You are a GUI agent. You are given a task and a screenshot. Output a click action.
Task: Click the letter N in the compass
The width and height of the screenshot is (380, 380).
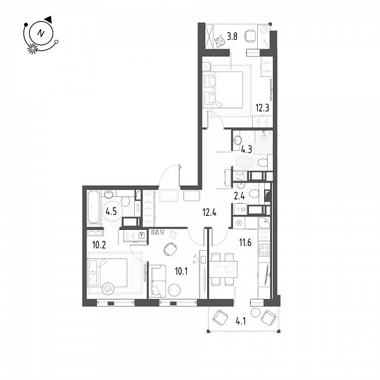coord(41,33)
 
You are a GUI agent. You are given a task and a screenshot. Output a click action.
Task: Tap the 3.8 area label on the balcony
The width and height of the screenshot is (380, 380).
coord(232,37)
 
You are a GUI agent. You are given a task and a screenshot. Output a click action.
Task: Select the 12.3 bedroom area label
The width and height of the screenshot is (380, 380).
coord(262,108)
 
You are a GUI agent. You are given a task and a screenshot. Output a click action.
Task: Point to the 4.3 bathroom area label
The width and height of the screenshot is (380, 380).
coord(246,149)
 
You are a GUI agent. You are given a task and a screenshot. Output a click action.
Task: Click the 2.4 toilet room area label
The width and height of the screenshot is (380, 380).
coord(239,196)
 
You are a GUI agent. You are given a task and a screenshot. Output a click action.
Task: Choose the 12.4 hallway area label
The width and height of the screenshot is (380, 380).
coord(210,213)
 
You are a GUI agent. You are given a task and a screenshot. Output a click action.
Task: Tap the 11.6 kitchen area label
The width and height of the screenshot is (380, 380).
coord(245,242)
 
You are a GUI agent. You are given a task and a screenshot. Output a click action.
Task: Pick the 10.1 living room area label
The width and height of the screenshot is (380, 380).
coord(181,272)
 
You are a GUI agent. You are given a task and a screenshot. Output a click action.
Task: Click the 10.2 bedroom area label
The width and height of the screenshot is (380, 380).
coord(99,245)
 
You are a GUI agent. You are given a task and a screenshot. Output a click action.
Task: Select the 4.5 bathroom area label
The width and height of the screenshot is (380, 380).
coord(111,212)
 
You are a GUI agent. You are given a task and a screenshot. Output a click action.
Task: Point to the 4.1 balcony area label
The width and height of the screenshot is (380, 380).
coord(241,321)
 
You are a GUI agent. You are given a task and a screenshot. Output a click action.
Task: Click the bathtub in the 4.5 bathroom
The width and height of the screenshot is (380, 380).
coord(94,207)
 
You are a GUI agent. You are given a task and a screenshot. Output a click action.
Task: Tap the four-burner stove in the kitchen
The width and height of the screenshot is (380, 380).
coord(264,250)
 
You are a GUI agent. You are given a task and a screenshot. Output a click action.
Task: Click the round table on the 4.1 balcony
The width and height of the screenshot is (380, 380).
coord(255,312)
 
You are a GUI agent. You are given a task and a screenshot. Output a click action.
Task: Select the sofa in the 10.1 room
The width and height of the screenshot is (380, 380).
coord(157,281)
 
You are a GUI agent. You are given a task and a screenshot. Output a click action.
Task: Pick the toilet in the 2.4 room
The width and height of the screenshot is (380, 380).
coord(253,194)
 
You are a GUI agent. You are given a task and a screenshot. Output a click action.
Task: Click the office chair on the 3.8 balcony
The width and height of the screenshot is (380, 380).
coord(250,36)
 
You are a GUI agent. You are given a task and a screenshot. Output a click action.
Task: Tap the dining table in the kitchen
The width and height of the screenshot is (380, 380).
coord(223,269)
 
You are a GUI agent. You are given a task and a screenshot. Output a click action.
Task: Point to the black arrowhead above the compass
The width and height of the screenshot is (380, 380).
coord(49,20)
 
